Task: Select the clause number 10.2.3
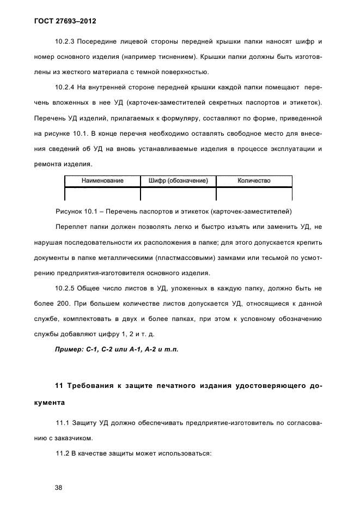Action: [66, 41]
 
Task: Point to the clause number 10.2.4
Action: [66, 87]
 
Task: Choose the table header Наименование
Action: [102, 181]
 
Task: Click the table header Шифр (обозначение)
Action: [178, 181]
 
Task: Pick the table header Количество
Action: [254, 181]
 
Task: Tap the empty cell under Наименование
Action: [102, 194]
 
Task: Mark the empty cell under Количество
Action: [254, 194]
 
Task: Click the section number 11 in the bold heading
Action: [60, 386]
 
